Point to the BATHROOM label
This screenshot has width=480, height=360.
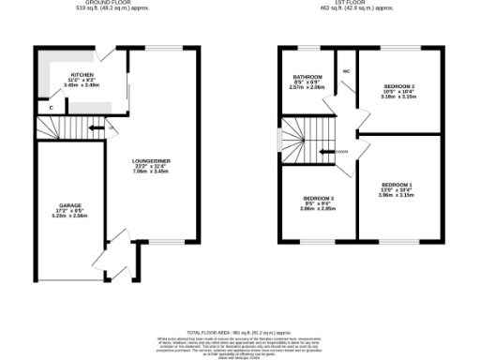(x=307, y=76)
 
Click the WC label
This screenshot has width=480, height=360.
(x=346, y=70)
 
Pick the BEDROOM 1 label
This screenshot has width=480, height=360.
(x=397, y=185)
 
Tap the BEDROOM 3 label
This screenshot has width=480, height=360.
(x=318, y=198)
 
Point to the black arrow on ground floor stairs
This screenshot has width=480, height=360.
(x=97, y=128)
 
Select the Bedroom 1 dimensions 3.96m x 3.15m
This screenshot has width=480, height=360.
(x=397, y=196)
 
